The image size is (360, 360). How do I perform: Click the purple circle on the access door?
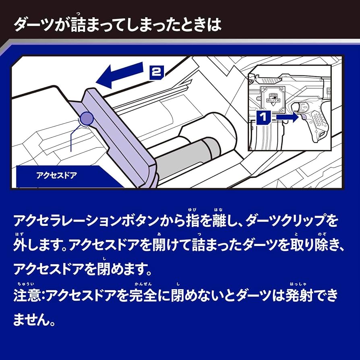point(87,118)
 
